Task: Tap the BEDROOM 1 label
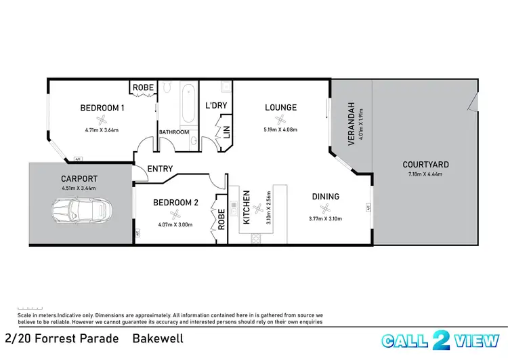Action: (102, 108)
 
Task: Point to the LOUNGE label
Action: (280, 107)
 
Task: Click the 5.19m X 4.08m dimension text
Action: (280, 129)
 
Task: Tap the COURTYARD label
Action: (425, 164)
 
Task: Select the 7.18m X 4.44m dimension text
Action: (425, 174)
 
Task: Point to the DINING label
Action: (325, 197)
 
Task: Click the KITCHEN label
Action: (247, 207)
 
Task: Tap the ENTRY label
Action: (159, 169)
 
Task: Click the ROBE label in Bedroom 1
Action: (143, 88)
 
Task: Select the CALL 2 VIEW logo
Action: (440, 340)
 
